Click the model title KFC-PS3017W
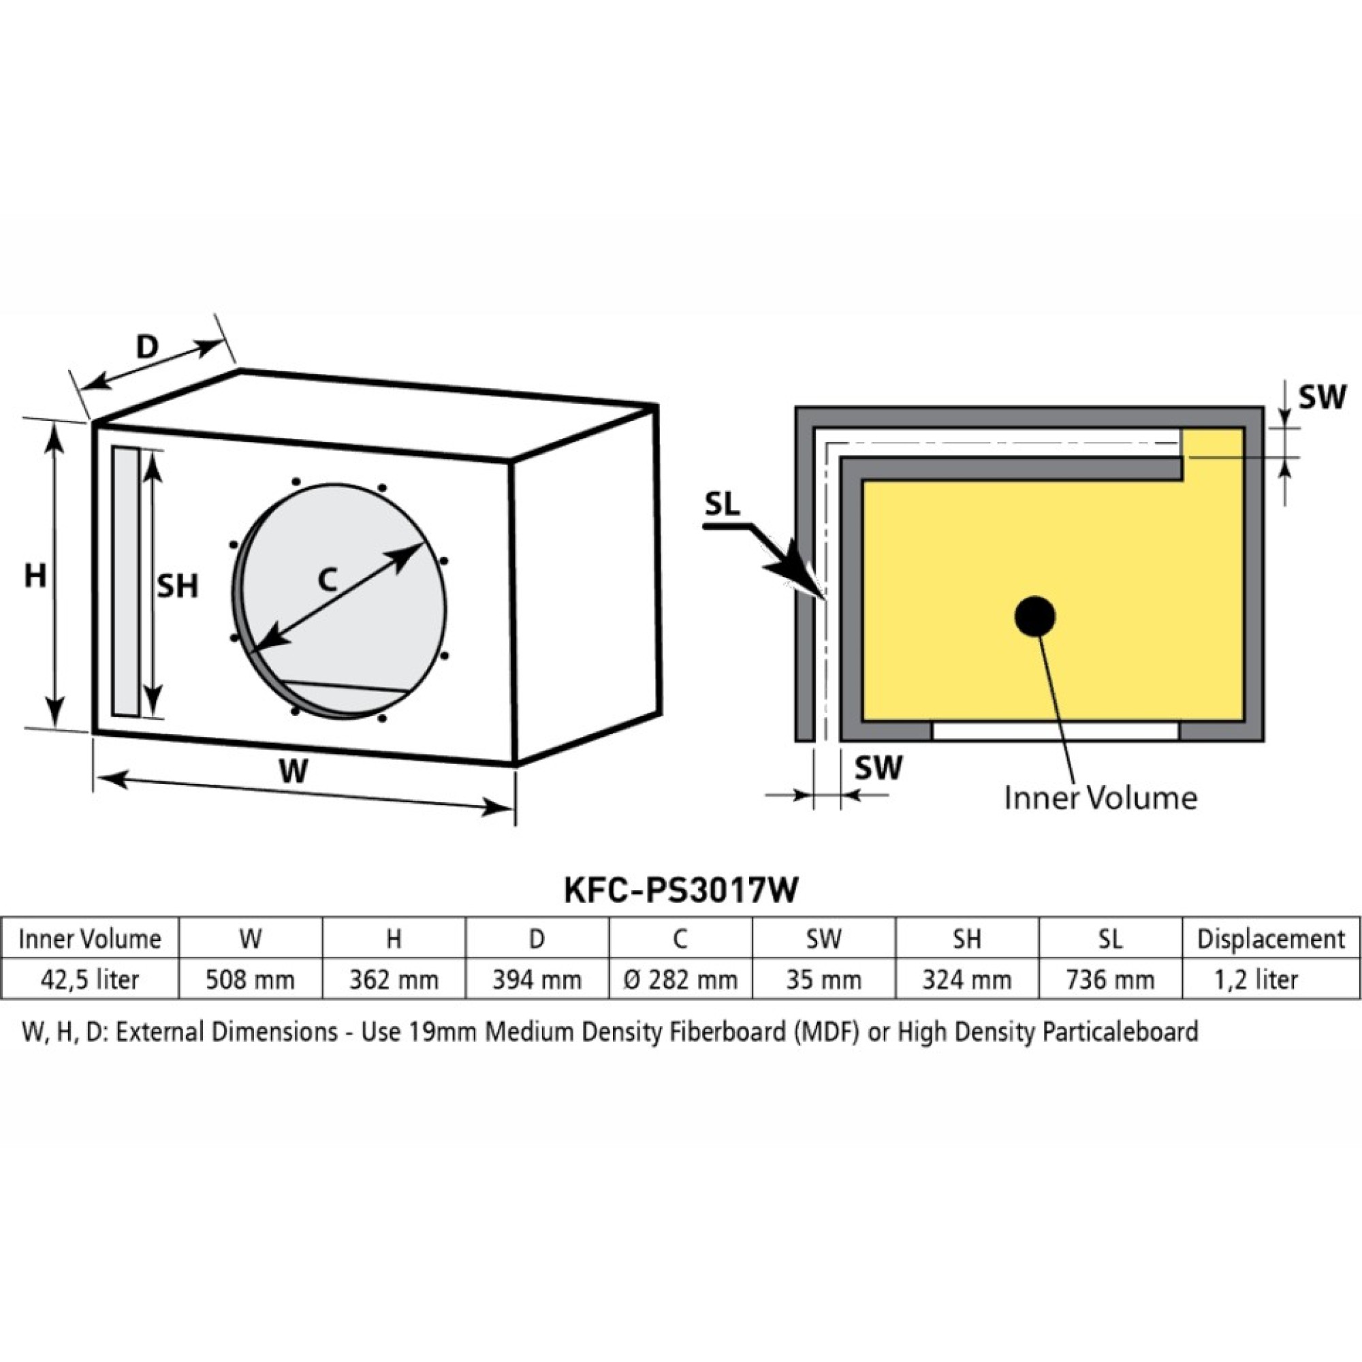coord(681,890)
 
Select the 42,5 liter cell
coord(89,980)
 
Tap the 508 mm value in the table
coord(250,980)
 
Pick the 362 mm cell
coord(394,980)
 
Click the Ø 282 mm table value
coord(680,980)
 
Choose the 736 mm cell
coord(1109,980)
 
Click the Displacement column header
coord(1271,939)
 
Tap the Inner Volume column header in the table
coord(89,939)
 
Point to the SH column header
coord(966,939)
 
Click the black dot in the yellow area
coord(1035,617)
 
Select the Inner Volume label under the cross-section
coord(1100,798)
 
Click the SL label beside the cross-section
coord(722,505)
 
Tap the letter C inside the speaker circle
coord(326,580)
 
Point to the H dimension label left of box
coord(35,576)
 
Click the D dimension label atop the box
coord(147,346)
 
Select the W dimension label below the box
coord(293,772)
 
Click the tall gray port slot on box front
coord(125,582)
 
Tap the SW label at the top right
coord(1323,398)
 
